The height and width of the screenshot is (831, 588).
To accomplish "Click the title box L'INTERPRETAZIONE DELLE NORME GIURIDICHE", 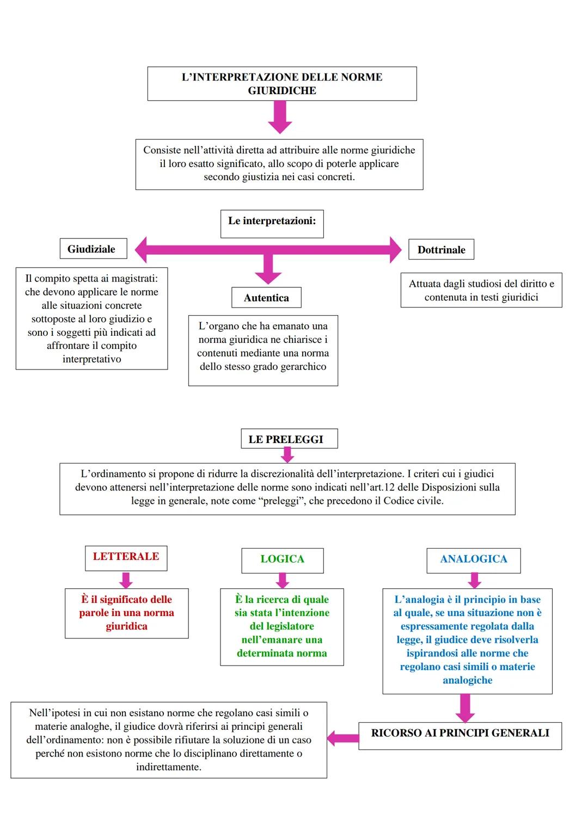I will coord(282,84).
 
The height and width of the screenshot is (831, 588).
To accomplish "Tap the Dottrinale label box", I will coord(441,250).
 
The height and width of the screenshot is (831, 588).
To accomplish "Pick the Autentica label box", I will coord(266,298).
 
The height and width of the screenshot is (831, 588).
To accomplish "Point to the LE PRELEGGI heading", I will coord(289,439).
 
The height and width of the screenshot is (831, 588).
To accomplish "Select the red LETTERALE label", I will coord(126,557).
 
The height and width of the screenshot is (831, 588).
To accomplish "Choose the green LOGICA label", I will coord(282,559).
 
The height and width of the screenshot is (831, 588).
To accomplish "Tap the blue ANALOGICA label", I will coord(473,559).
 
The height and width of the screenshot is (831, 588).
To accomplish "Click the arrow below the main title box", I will coord(280,118).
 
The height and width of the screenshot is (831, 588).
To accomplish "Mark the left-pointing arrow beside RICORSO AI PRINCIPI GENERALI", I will coord(343,738).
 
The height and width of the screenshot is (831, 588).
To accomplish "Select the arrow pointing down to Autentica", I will coord(268,269).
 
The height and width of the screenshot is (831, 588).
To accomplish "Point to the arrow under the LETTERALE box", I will coord(126,580).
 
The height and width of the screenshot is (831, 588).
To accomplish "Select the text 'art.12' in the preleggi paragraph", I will coord(379,488).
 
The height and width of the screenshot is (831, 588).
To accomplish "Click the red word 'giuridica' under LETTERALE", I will coord(126,626).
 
